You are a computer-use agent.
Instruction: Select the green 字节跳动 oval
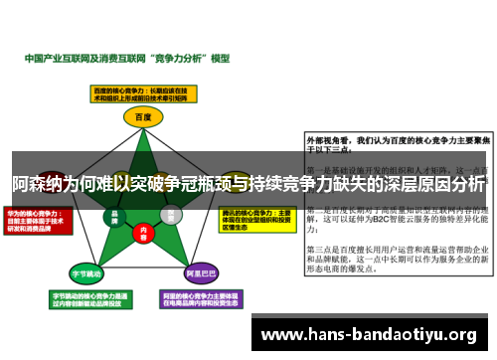85,271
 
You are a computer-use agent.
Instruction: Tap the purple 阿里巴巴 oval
202,271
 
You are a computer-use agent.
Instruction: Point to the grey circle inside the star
171,215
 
